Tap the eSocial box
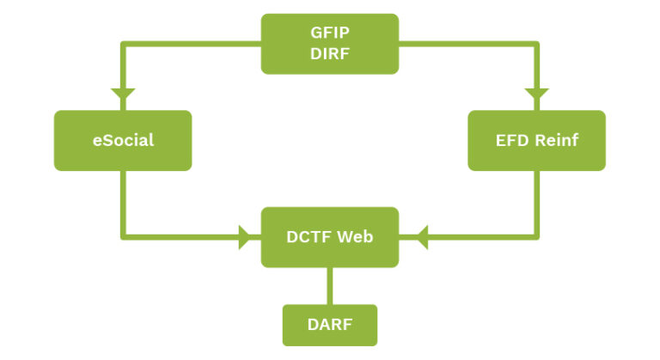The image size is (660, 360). pos(123,140)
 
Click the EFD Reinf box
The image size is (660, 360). pos(536,140)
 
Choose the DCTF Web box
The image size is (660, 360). pos(330,236)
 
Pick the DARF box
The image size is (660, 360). pos(330,325)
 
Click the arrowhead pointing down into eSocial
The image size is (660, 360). pos(123,94)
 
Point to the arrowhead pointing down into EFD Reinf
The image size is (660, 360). pos(536,94)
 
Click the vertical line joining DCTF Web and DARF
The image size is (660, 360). pos(330,285)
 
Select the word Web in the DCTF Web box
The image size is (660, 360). pos(355,236)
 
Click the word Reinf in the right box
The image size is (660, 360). pos(554,140)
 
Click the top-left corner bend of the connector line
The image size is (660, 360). pos(123,44)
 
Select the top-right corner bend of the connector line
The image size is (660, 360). pos(536,44)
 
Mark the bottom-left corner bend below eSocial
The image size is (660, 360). pos(123,236)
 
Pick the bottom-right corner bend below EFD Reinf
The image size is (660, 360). pos(536,236)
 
